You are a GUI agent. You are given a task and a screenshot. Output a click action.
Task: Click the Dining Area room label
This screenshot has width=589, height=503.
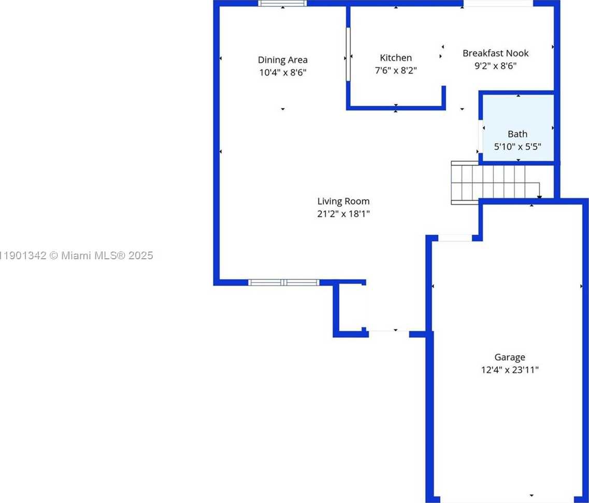[282, 60]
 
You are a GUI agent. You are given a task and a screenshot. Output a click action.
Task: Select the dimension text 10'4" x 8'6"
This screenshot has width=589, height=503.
[282, 73]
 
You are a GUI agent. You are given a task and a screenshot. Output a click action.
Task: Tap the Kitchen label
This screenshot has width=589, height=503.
[396, 58]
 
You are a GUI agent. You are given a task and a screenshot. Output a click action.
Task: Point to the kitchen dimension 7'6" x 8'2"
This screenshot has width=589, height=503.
[396, 71]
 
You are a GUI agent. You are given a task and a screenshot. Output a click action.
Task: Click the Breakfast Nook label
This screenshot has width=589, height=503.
[495, 53]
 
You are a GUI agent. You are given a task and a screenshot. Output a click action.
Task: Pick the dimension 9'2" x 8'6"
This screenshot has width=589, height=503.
[495, 66]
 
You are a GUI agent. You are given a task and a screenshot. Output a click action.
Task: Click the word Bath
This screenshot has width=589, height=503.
[517, 134]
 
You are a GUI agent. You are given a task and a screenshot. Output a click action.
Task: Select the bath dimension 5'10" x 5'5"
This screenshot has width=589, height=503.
[517, 147]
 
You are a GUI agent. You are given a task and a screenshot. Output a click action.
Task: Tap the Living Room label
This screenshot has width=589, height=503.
[343, 201]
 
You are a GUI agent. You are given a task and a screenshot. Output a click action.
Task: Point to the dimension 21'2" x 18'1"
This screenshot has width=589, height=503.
[343, 214]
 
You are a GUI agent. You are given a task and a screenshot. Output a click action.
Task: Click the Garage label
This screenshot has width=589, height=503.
[509, 357]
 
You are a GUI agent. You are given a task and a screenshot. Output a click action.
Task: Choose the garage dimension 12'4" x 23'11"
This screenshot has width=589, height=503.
[509, 370]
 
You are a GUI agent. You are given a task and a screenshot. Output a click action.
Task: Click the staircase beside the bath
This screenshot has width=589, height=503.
[487, 183]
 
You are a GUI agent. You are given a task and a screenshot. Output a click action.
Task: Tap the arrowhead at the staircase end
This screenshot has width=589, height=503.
[539, 197]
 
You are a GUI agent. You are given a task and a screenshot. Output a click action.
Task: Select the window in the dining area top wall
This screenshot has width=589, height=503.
[282, 3]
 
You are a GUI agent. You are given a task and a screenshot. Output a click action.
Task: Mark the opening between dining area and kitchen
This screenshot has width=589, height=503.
[348, 54]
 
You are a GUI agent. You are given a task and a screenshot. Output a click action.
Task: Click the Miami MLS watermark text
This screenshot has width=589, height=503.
[77, 255]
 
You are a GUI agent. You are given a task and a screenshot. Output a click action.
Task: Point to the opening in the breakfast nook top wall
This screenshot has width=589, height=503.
[498, 3]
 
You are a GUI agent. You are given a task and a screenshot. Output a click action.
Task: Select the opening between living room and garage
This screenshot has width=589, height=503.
[455, 238]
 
